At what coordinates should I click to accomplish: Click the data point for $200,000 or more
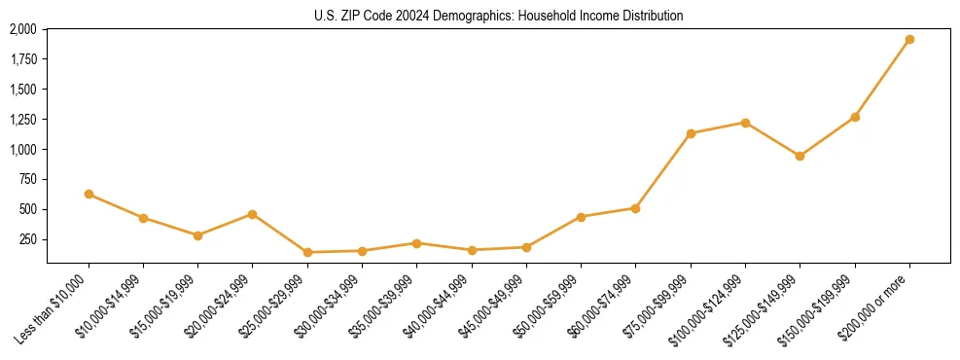[909, 40]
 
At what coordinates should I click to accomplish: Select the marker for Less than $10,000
[89, 195]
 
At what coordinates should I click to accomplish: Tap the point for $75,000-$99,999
[691, 133]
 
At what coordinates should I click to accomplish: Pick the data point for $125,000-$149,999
[800, 156]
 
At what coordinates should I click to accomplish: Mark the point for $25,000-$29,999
[307, 252]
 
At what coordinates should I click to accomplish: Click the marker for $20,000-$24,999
[253, 214]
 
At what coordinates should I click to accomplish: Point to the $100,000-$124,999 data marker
[745, 123]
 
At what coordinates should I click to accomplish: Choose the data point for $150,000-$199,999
[855, 117]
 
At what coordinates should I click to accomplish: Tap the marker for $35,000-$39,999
[416, 243]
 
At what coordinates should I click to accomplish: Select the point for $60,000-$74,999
[635, 208]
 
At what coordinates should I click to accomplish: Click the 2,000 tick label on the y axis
[23, 30]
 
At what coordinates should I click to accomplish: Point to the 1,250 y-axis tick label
[23, 120]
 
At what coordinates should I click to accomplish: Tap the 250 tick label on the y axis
[29, 239]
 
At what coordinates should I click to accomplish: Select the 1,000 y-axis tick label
[23, 150]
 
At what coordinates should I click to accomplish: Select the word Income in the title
[590, 16]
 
